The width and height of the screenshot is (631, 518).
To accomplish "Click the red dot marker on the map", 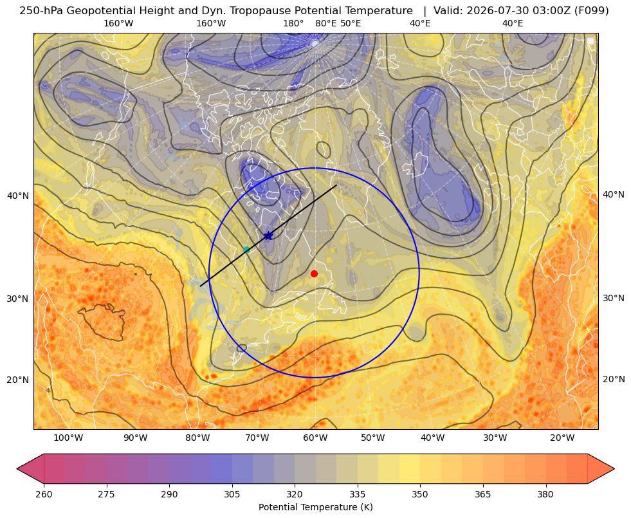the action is [315, 273].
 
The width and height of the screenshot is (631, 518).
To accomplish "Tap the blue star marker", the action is [268, 236].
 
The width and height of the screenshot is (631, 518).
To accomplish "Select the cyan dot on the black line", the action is [247, 250].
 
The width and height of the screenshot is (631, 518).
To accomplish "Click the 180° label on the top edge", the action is [293, 23].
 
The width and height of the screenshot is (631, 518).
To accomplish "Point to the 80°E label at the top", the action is [326, 23].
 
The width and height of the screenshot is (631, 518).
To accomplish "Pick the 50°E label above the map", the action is [351, 23].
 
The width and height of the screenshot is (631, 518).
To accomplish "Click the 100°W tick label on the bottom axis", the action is [68, 438].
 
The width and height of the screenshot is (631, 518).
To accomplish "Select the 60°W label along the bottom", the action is [315, 438].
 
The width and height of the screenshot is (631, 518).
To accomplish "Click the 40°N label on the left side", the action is [18, 196].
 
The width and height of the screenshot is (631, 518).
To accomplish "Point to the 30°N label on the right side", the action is [614, 298].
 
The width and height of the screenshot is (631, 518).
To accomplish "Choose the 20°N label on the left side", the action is [18, 380].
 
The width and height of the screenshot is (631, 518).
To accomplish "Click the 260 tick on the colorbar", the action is [44, 494].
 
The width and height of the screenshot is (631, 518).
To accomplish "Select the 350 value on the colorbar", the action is [420, 494].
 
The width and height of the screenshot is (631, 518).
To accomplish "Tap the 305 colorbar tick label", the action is [232, 494].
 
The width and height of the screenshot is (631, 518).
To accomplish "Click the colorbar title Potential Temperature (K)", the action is [315, 507].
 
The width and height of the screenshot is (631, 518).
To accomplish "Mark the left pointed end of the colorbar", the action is [17, 468].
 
